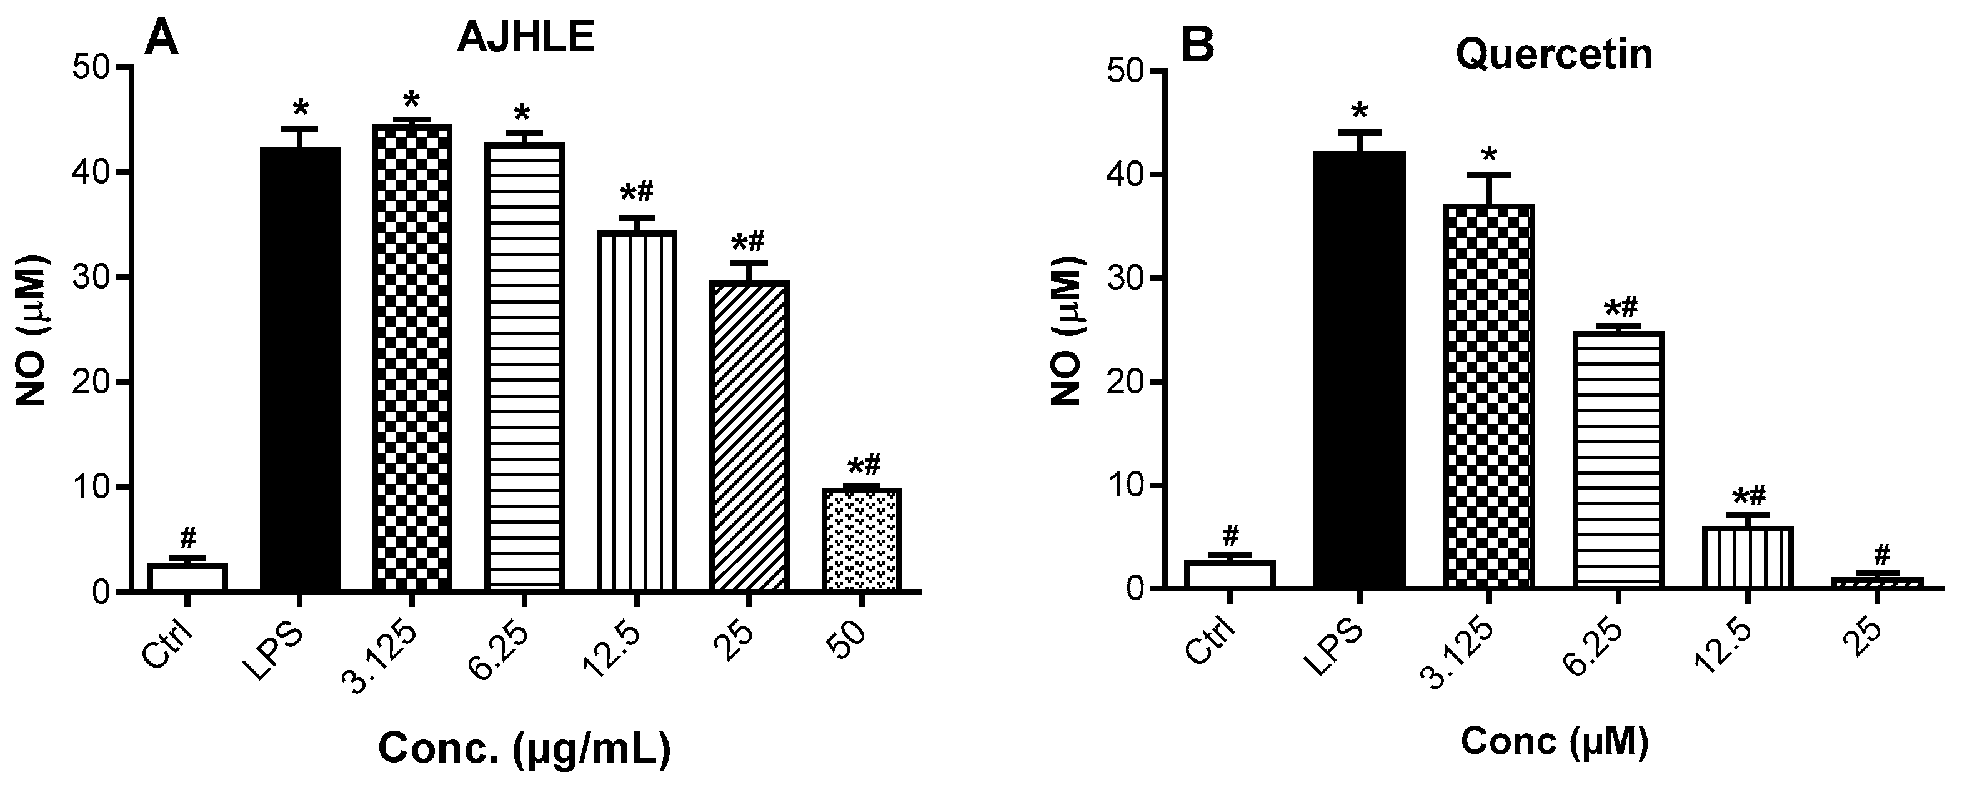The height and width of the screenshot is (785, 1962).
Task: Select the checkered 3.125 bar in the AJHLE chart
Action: pos(412,357)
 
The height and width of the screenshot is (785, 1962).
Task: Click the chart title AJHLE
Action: pos(525,38)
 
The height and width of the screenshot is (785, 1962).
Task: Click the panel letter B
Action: pos(1197,47)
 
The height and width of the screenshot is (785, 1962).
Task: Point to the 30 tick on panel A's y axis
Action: pos(91,277)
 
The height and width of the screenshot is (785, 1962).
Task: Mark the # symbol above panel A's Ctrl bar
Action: pos(188,538)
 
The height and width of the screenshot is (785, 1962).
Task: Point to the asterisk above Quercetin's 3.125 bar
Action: pos(1488,157)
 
